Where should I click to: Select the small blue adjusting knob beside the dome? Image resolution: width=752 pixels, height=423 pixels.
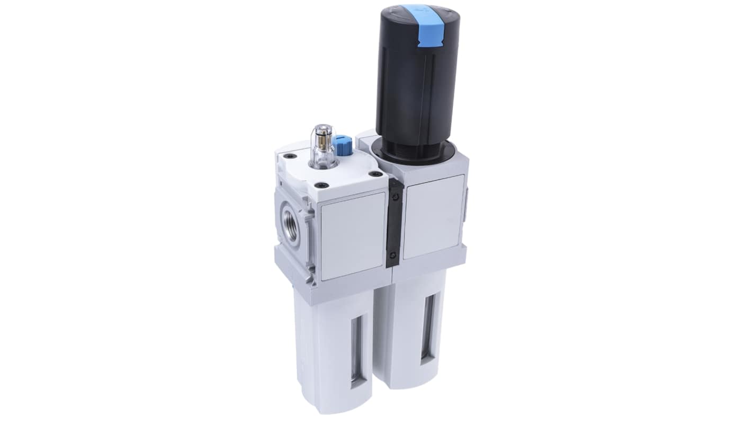coord(343,145)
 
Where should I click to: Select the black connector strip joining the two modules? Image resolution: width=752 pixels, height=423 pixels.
coord(395,223)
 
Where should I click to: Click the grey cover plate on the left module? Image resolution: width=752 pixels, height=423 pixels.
coord(353,236)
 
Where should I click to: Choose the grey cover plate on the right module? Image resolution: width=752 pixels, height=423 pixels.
coord(433,216)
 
